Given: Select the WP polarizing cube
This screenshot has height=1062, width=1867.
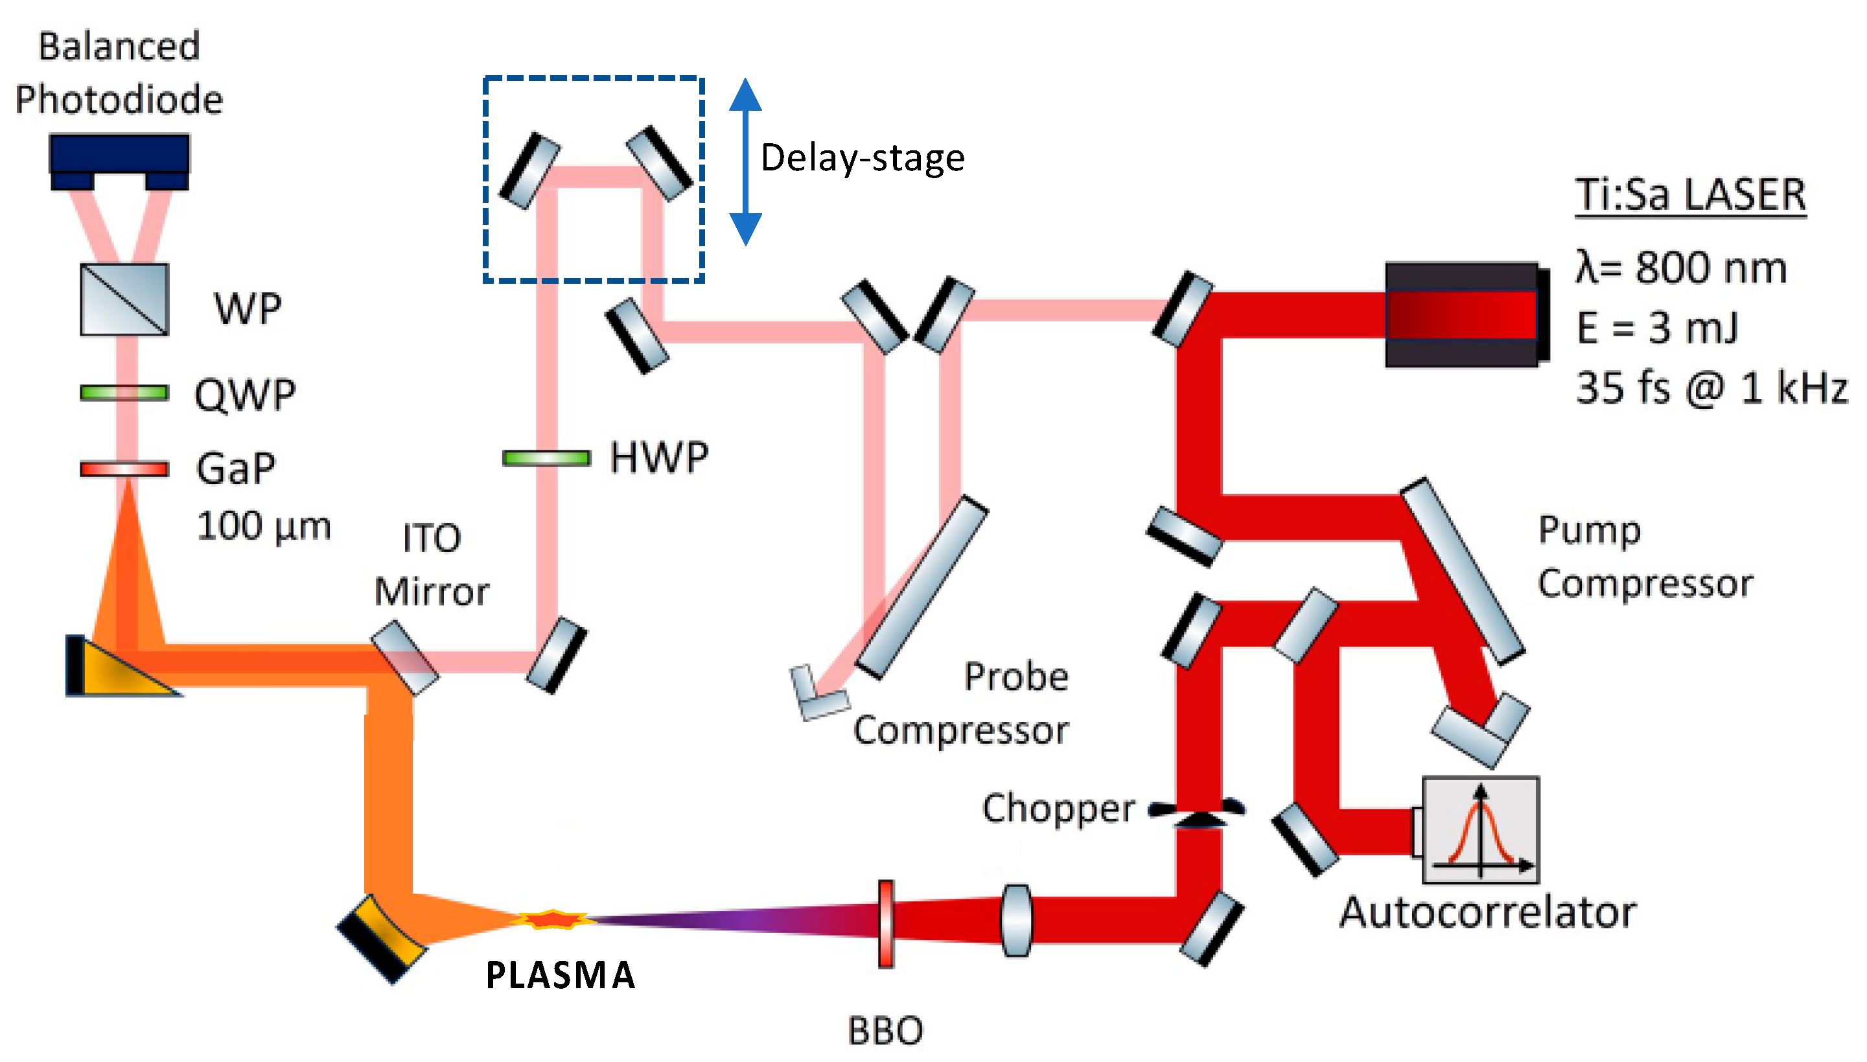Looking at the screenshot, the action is click(124, 300).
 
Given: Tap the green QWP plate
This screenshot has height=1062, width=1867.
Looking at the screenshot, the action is click(124, 393).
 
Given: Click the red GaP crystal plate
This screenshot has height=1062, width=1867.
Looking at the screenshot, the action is click(124, 468).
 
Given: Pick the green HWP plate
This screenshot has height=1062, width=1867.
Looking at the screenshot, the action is click(546, 458).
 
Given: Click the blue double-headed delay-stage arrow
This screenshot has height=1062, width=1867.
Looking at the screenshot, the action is click(745, 162).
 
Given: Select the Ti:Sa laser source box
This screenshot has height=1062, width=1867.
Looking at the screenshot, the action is click(1467, 314).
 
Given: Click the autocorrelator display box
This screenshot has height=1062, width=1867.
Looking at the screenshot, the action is click(1481, 830).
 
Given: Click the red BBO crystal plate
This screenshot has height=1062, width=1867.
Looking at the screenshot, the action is click(886, 924).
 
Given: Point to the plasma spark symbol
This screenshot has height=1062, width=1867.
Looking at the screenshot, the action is click(553, 919).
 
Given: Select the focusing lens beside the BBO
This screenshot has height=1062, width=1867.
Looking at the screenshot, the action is click(1017, 921).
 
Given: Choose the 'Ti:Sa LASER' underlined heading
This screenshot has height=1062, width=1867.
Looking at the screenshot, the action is click(1691, 196).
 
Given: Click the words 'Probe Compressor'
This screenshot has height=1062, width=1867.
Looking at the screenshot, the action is click(961, 703).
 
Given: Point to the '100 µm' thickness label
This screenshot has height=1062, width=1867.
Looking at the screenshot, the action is click(263, 527).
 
